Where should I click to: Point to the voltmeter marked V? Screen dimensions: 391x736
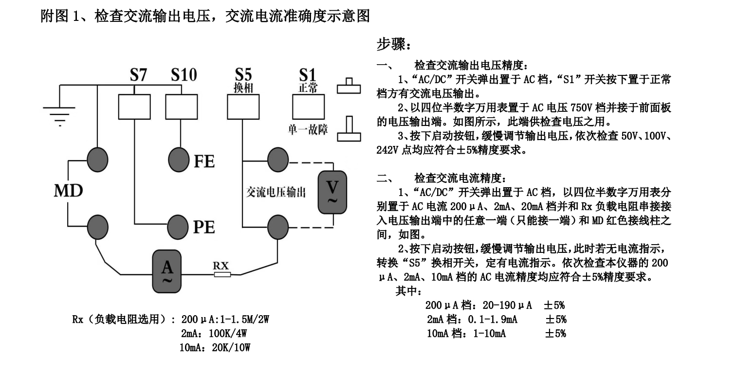tap(333, 193)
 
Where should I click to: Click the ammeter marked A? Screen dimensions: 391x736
tap(167, 271)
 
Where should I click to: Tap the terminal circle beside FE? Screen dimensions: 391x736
tap(179, 159)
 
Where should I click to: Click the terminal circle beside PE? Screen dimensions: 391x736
tap(179, 225)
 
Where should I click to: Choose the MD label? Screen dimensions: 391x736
tap(68, 191)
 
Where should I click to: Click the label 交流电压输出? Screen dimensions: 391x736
tap(276, 193)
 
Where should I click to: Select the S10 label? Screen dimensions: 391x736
tap(184, 75)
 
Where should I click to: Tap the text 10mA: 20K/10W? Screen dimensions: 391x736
tap(215, 348)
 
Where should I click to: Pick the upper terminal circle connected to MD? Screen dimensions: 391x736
tap(97, 159)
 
